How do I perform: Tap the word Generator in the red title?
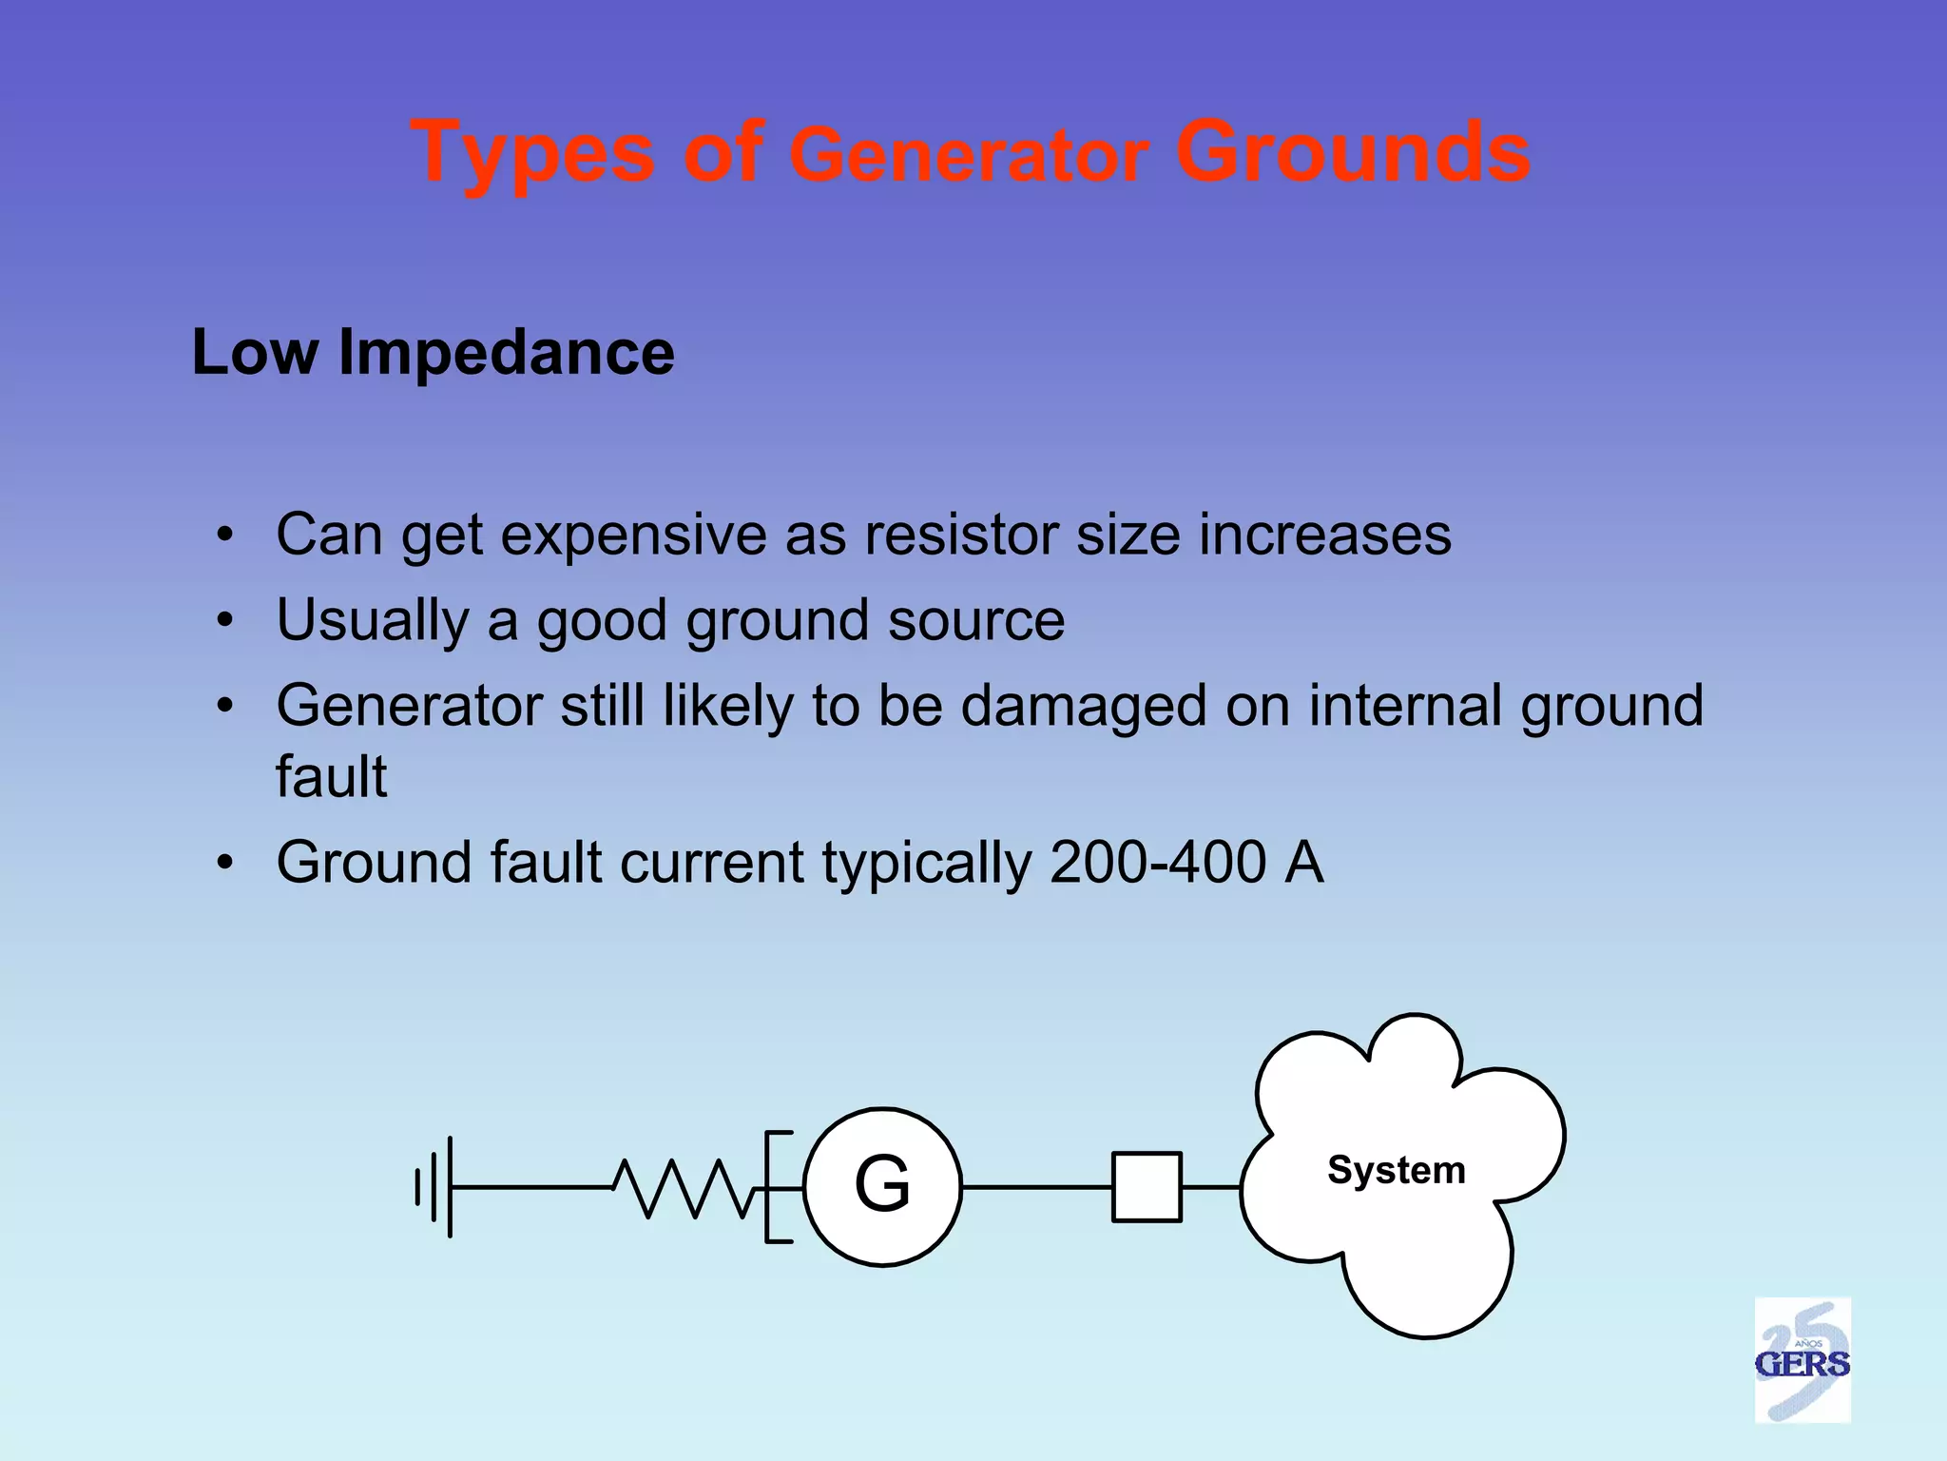click(x=970, y=157)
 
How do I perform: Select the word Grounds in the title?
click(x=1352, y=152)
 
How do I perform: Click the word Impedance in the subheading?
click(x=506, y=353)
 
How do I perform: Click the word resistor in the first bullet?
click(x=960, y=535)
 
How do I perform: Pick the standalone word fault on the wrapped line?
click(x=331, y=777)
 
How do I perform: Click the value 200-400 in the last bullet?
click(x=1157, y=863)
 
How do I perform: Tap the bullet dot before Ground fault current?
click(x=224, y=864)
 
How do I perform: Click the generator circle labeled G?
click(x=882, y=1186)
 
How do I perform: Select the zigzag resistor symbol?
click(x=684, y=1187)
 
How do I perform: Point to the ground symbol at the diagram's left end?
click(x=435, y=1187)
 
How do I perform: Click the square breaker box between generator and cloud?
click(x=1147, y=1187)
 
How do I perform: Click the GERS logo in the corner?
click(x=1802, y=1360)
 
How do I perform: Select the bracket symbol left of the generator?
click(x=777, y=1187)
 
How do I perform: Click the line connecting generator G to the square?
click(x=1036, y=1187)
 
